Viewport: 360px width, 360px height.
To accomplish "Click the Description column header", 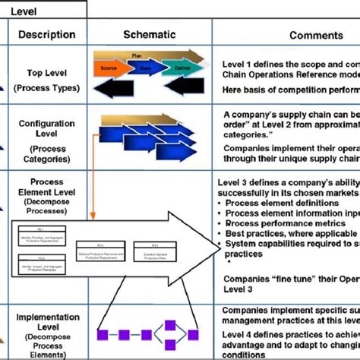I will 46,34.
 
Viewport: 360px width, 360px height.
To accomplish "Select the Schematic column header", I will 149,34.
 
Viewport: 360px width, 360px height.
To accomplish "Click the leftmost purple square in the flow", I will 102,333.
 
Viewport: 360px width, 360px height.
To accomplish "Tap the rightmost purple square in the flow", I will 194,333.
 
